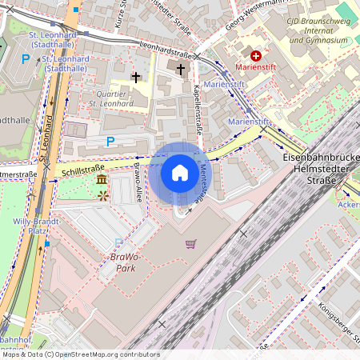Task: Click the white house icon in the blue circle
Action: (x=180, y=172)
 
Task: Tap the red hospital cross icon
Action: (x=256, y=56)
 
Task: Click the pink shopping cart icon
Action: (x=190, y=243)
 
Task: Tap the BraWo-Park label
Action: (x=118, y=262)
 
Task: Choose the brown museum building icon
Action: (x=102, y=184)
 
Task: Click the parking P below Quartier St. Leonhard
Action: (x=110, y=142)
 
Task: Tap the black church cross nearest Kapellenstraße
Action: (x=180, y=70)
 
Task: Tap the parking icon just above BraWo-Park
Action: (x=118, y=243)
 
